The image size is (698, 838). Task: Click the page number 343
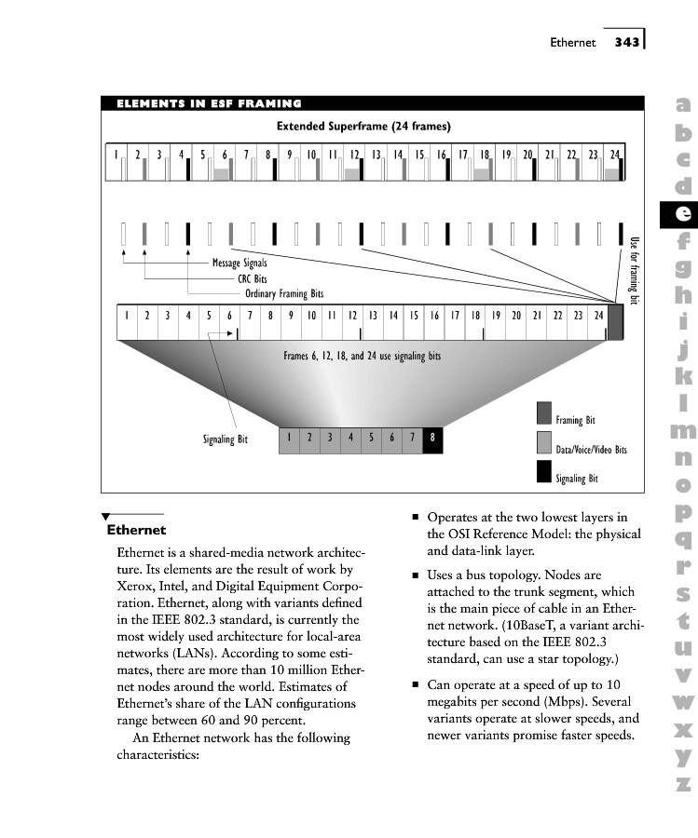click(626, 42)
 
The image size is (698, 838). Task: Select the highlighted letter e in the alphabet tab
click(682, 213)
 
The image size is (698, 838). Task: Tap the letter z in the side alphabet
click(683, 784)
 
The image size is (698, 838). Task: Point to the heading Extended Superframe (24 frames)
click(363, 126)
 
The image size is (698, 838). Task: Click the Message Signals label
click(240, 264)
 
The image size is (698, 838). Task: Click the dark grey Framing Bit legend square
click(544, 412)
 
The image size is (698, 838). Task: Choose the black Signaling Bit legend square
click(544, 472)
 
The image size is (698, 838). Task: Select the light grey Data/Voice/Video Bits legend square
click(544, 442)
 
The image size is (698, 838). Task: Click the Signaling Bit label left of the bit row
click(226, 439)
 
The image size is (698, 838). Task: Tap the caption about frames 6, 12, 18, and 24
click(363, 356)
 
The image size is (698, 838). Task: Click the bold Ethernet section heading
click(136, 531)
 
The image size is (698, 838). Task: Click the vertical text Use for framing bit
click(636, 270)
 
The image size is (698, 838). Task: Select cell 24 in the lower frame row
click(598, 316)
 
